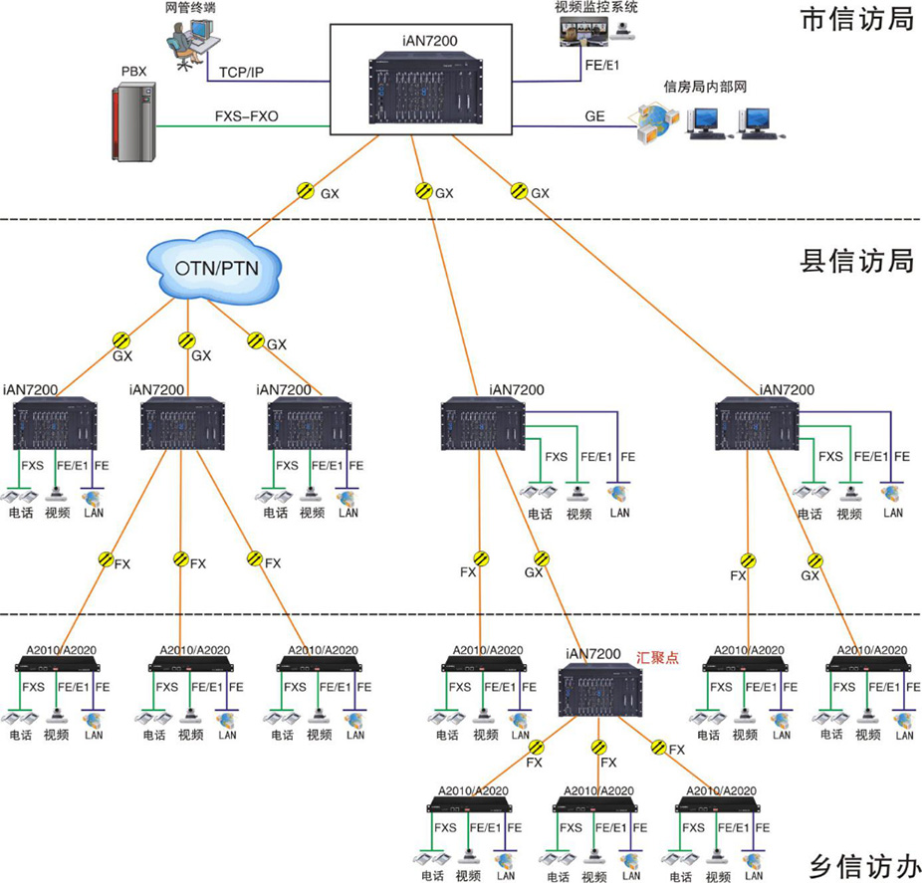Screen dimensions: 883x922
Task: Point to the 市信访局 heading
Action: pyautogui.click(x=857, y=19)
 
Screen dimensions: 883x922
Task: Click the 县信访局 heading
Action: pyautogui.click(x=857, y=261)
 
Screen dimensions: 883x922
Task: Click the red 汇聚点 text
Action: pyautogui.click(x=657, y=657)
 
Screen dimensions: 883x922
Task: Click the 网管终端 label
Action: pyautogui.click(x=191, y=7)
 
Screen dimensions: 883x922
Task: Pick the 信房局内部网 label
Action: pyautogui.click(x=705, y=88)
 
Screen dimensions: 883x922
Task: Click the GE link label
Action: pyautogui.click(x=594, y=116)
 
